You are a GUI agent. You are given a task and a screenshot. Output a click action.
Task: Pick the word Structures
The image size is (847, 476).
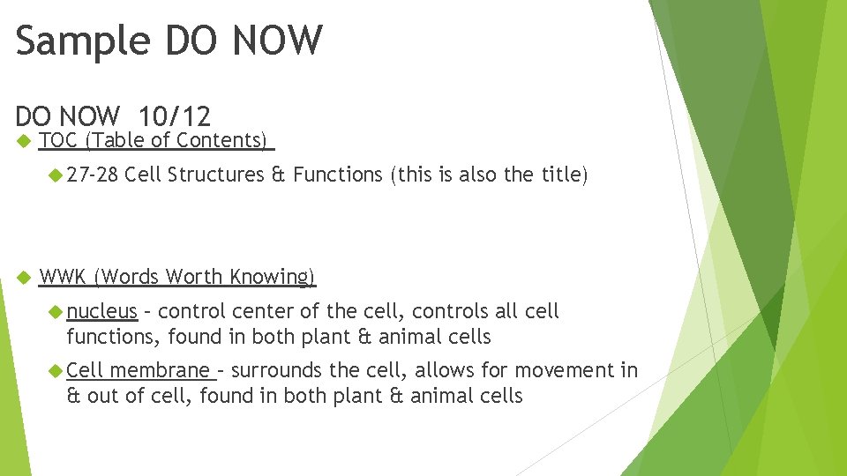pyautogui.click(x=215, y=175)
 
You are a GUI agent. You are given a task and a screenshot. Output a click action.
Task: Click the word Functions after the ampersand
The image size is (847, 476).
pyautogui.click(x=337, y=175)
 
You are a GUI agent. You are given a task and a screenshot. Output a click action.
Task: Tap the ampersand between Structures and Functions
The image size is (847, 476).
pyautogui.click(x=278, y=175)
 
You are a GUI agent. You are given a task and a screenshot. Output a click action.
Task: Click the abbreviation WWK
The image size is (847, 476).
pyautogui.click(x=63, y=277)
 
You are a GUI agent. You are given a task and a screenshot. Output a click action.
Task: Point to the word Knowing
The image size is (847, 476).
pyautogui.click(x=272, y=277)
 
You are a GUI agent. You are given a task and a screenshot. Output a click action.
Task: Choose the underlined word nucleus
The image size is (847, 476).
pyautogui.click(x=102, y=311)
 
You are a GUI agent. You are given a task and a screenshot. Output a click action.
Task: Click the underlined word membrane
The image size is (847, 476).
pyautogui.click(x=160, y=370)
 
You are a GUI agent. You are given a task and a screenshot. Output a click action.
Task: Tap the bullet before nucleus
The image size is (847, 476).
pyautogui.click(x=56, y=312)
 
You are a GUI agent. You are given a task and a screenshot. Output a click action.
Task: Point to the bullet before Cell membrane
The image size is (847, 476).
pyautogui.click(x=56, y=371)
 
